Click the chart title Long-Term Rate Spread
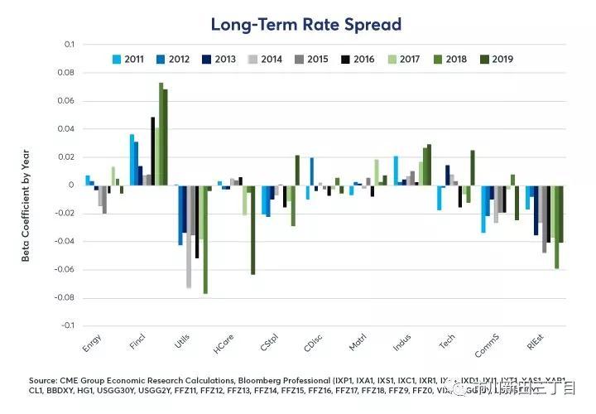(x=305, y=24)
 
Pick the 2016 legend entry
(x=363, y=60)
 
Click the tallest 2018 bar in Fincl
(x=161, y=133)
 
